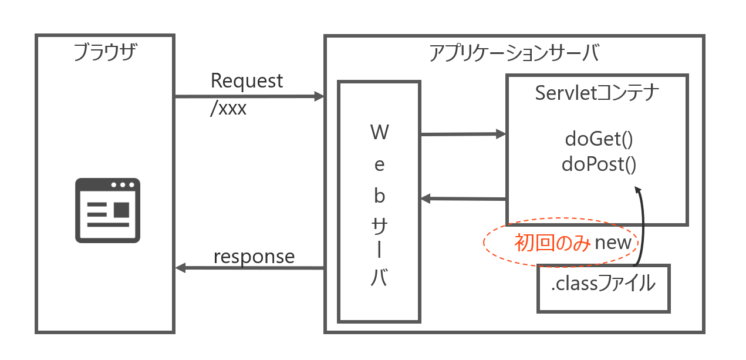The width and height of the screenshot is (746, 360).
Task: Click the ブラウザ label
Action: [105, 53]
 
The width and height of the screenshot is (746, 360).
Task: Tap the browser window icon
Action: [107, 210]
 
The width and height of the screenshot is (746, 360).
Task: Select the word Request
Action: [247, 81]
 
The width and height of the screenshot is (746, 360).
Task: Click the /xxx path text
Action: [228, 109]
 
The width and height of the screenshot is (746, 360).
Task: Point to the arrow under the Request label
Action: [249, 96]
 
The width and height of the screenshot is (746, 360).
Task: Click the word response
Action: [254, 257]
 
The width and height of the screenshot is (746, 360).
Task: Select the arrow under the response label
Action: [249, 268]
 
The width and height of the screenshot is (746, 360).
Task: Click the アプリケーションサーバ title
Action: [514, 53]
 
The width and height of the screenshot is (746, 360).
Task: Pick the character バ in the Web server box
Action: [379, 278]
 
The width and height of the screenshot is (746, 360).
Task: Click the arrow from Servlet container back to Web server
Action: [464, 199]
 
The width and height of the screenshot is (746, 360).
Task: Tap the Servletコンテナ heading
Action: [597, 93]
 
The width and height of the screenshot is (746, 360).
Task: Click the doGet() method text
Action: [599, 140]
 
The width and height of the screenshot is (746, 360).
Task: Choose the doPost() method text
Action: [599, 164]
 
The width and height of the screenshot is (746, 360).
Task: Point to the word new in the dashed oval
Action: [613, 243]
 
